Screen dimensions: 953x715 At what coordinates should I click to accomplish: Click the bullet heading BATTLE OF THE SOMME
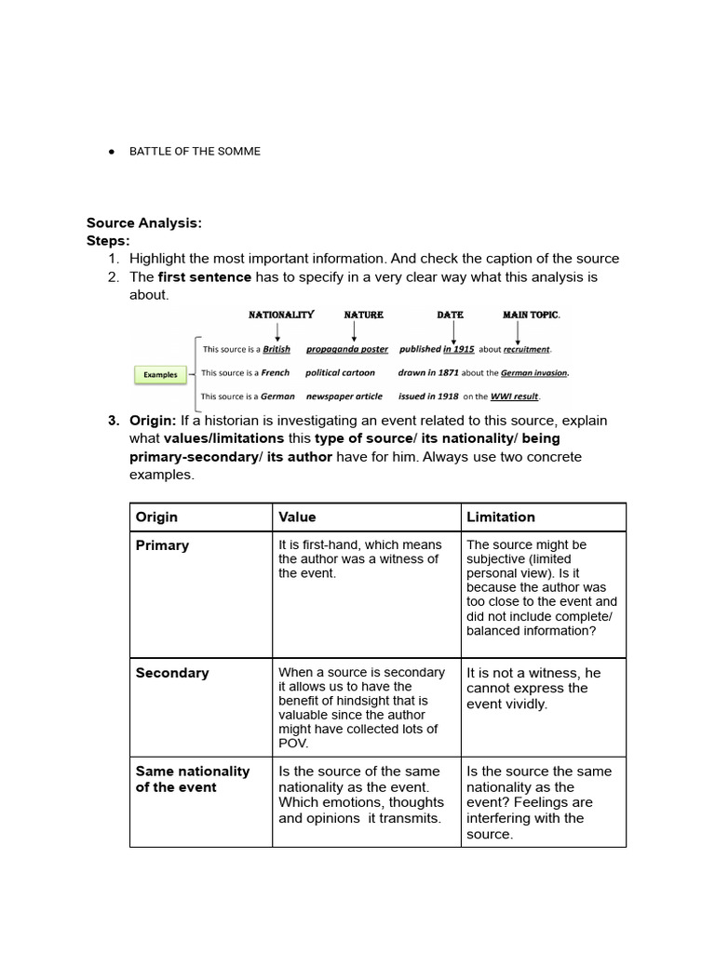(x=195, y=151)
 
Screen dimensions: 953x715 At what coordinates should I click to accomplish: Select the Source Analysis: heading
(x=144, y=223)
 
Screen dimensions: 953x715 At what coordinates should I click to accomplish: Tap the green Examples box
(x=160, y=375)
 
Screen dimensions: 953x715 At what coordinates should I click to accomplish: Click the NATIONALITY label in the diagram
(x=281, y=315)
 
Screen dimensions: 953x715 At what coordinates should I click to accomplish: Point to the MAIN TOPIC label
(x=531, y=315)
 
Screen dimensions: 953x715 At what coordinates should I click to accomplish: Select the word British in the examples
(x=277, y=350)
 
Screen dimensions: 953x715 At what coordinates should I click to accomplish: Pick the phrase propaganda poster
(x=347, y=350)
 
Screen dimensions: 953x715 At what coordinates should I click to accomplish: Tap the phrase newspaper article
(x=344, y=396)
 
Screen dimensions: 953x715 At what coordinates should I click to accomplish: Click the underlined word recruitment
(x=527, y=350)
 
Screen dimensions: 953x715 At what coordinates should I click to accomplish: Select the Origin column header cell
(x=156, y=517)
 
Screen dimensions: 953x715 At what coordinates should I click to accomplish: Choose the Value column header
(x=297, y=517)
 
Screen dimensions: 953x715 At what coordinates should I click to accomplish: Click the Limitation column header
(x=501, y=517)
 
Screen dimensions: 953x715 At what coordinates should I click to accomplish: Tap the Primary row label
(x=162, y=545)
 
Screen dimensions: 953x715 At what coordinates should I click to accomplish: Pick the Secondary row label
(x=172, y=673)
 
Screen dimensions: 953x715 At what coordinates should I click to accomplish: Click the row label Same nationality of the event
(x=192, y=779)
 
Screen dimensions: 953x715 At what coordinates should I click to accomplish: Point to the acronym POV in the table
(x=293, y=745)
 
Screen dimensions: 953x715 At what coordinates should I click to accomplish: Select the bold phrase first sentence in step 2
(x=205, y=277)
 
